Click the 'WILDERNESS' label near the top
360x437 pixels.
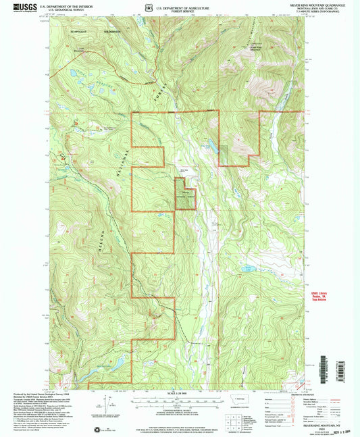tap(111, 31)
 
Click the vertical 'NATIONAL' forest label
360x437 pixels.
tap(122, 161)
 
